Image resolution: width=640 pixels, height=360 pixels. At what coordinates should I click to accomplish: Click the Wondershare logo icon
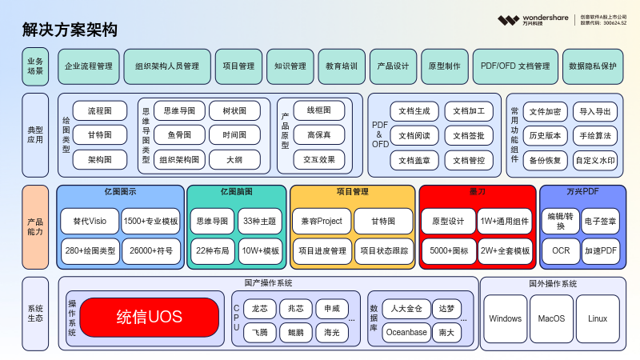(508, 20)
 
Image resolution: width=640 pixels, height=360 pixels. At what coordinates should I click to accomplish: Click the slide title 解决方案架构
(70, 30)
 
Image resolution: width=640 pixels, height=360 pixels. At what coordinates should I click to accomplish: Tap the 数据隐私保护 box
(593, 66)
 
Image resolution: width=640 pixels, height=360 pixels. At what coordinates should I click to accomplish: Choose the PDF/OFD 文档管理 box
(512, 66)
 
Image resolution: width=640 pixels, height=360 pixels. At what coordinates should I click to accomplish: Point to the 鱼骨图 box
(179, 135)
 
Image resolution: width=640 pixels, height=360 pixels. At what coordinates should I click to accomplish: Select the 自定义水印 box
(595, 160)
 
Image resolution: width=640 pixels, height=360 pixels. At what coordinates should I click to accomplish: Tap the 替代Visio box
(90, 221)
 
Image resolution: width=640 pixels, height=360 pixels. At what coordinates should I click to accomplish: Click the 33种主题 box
(260, 221)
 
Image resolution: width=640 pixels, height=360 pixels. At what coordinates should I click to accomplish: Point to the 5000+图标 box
(448, 250)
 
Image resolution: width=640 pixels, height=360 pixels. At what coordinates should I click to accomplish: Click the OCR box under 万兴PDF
(560, 250)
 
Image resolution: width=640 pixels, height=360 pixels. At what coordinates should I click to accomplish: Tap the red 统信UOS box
(149, 318)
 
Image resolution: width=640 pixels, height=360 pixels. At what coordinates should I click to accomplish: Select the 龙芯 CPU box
(260, 308)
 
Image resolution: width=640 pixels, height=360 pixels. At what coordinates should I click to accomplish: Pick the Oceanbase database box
(406, 332)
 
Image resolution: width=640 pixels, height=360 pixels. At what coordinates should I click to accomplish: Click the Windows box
(506, 318)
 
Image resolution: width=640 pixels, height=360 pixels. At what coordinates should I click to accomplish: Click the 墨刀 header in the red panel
(478, 192)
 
